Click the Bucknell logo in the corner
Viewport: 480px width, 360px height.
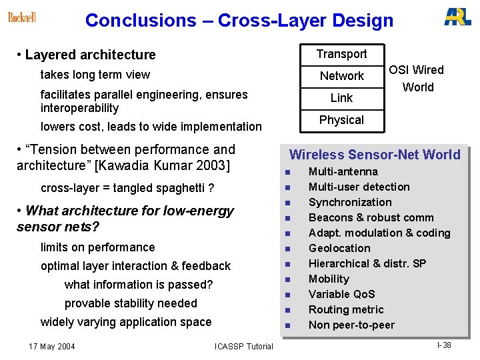pyautogui.click(x=22, y=17)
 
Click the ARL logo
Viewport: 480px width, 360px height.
pyautogui.click(x=457, y=17)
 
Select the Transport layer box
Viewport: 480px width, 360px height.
pyautogui.click(x=341, y=54)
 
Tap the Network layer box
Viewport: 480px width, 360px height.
pyautogui.click(x=341, y=76)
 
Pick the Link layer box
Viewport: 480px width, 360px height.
pyautogui.click(x=341, y=98)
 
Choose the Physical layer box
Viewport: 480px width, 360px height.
pyautogui.click(x=341, y=120)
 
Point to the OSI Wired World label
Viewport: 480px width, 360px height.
pyautogui.click(x=417, y=79)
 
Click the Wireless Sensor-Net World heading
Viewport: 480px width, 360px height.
pyautogui.click(x=375, y=155)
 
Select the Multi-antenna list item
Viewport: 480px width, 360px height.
pyautogui.click(x=343, y=172)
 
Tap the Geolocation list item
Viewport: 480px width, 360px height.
pyautogui.click(x=339, y=248)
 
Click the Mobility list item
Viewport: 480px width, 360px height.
pyautogui.click(x=329, y=279)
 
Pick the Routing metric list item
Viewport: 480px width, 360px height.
pyautogui.click(x=346, y=309)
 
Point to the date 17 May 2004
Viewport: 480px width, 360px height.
pyautogui.click(x=52, y=346)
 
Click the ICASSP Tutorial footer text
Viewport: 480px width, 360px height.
pyautogui.click(x=243, y=346)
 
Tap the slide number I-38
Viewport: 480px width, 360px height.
pyautogui.click(x=444, y=345)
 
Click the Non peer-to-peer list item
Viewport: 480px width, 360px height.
pyautogui.click(x=351, y=325)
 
